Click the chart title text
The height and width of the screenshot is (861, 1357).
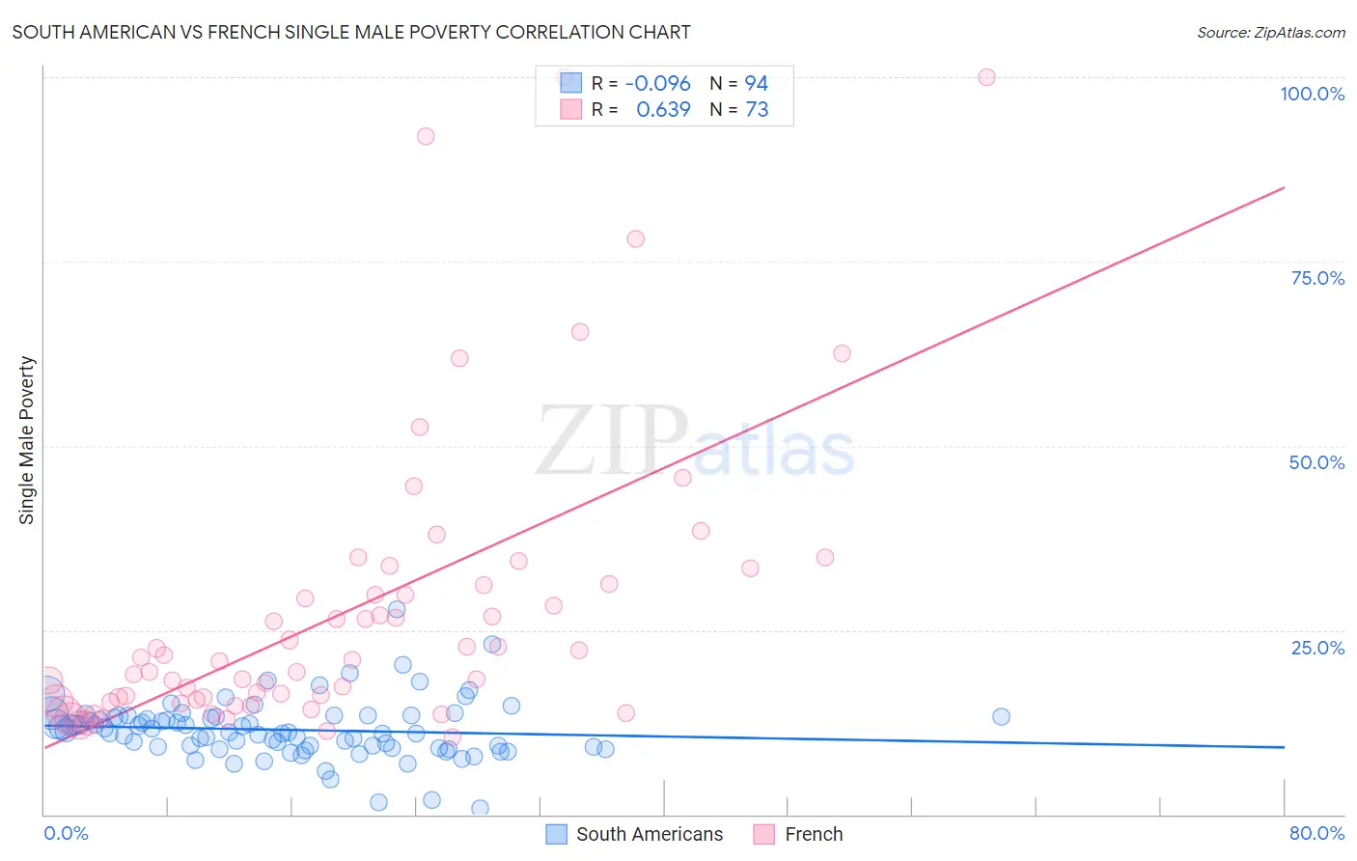coord(351,32)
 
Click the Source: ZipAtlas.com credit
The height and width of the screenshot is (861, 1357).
coord(1270,32)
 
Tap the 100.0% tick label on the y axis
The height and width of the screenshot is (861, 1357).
coord(1312,94)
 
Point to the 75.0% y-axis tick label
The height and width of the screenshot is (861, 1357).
coord(1317,278)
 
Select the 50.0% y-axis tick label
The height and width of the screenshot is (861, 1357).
coord(1316,462)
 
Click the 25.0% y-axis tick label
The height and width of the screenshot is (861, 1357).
coord(1317,648)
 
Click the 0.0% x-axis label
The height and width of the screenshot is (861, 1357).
coord(66,833)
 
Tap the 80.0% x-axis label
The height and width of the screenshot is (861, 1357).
coord(1316,833)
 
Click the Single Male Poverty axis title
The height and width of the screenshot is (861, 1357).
coord(27,440)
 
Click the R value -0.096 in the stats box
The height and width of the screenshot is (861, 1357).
coord(657,84)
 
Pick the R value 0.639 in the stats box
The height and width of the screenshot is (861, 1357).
coord(663,110)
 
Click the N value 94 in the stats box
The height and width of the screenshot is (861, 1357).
coord(756,84)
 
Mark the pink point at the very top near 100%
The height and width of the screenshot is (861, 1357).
coord(986,77)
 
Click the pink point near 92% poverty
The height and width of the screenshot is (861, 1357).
coord(426,136)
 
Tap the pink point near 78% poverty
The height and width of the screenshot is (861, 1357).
coord(635,238)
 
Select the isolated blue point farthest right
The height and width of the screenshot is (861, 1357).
coord(1001,716)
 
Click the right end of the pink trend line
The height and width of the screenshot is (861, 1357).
coord(1284,187)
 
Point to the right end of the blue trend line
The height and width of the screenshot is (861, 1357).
coord(1284,747)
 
